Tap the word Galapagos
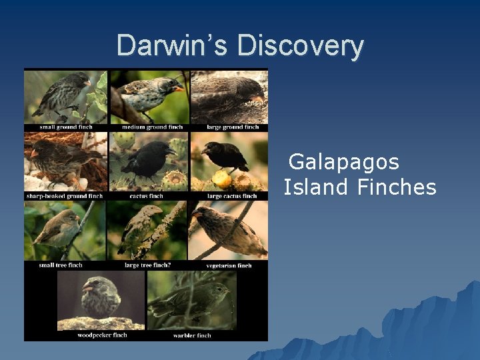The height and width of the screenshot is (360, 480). (344, 162)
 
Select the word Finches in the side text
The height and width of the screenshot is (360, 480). (397, 187)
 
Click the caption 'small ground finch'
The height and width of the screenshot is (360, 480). (66, 127)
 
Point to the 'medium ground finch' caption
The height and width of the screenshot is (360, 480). (152, 127)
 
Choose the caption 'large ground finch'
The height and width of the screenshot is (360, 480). (233, 127)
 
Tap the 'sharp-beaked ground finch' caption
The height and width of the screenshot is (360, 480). (65, 196)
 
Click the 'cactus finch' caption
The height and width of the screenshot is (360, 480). (147, 196)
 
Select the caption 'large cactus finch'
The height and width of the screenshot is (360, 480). (232, 196)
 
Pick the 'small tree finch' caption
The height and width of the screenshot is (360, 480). (61, 265)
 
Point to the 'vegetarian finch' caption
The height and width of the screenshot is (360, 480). (229, 265)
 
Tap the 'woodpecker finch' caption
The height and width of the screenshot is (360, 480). (102, 335)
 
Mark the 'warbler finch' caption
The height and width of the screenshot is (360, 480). (191, 335)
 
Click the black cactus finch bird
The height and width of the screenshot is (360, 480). (148, 160)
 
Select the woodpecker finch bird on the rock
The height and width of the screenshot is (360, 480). (100, 297)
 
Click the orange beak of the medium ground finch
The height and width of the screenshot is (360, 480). (178, 88)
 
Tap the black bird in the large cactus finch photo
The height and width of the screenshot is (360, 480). (226, 156)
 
